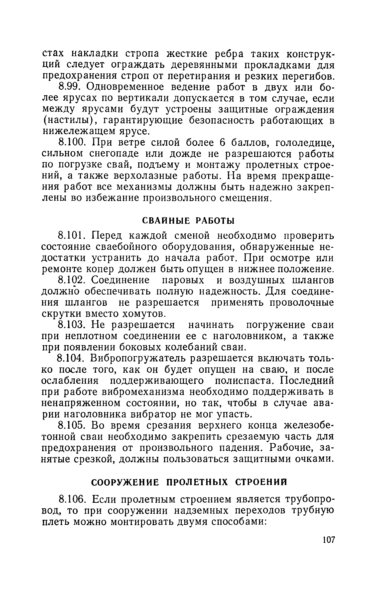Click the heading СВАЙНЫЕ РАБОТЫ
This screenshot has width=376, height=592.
coord(188,221)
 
